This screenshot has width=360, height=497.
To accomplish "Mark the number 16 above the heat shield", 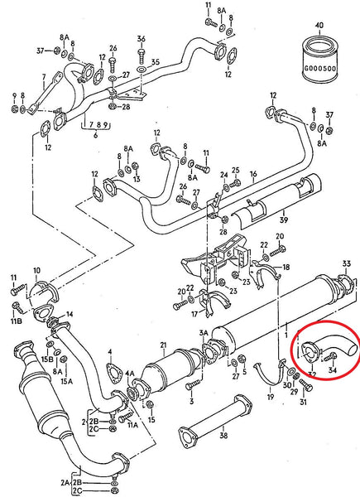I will (x=252, y=176).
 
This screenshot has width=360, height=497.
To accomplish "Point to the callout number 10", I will (x=36, y=271).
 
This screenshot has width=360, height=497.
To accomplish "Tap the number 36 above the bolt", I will (x=141, y=40).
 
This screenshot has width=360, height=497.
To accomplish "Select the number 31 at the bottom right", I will (x=303, y=403).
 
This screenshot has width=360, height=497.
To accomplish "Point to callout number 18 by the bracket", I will (x=286, y=268).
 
